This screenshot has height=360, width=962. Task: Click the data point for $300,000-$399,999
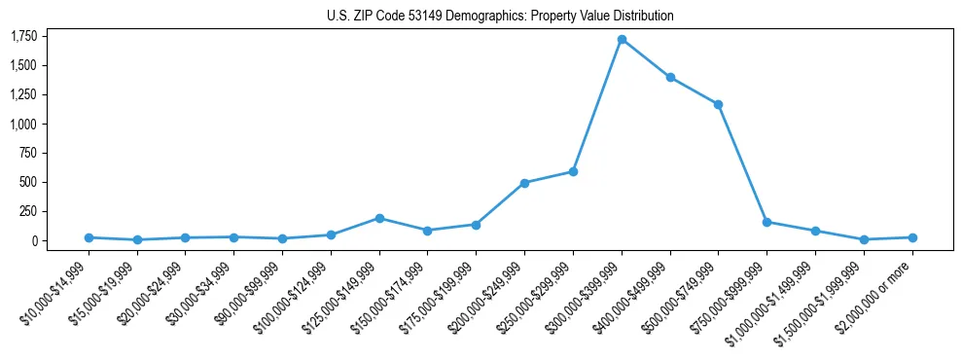[x=622, y=40]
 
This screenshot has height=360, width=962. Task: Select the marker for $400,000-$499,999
[x=670, y=77]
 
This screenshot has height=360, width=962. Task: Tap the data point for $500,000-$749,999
[x=719, y=104]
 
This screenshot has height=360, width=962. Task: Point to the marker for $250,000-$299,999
[x=573, y=171]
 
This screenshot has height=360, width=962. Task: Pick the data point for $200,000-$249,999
[x=524, y=183]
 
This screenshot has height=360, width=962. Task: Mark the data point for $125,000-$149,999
[x=379, y=218]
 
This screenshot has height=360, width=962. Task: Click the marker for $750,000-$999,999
[x=767, y=222]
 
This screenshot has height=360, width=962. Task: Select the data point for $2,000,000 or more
[x=912, y=237]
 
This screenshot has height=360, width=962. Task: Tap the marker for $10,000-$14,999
[x=89, y=237]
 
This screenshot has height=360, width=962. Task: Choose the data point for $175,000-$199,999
[x=476, y=225]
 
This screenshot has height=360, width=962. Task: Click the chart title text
[x=500, y=17]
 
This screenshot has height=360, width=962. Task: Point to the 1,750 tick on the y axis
[x=23, y=37]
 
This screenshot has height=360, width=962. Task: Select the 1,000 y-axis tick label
[x=23, y=124]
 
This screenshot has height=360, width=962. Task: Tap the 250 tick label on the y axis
[x=27, y=211]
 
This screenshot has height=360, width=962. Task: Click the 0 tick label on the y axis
[x=33, y=240]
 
